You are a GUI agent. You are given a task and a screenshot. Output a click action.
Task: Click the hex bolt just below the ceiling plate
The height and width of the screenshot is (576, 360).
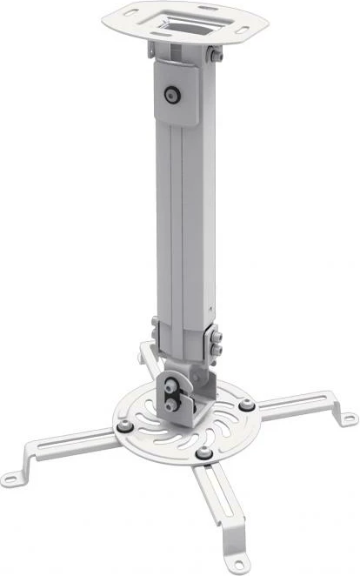click(x=211, y=57)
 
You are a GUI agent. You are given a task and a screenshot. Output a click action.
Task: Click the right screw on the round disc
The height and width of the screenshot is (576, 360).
click(x=248, y=405)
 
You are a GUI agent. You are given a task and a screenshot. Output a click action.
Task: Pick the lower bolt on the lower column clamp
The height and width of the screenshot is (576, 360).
click(x=216, y=351)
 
